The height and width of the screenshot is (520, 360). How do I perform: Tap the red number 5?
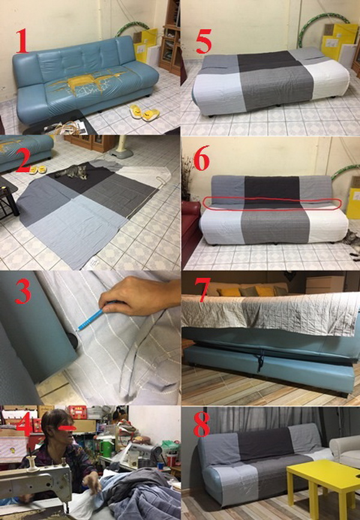click(x=203, y=41)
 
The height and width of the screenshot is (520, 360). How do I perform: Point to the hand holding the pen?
click(x=137, y=297)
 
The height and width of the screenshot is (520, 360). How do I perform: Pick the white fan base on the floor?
click(x=121, y=152)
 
